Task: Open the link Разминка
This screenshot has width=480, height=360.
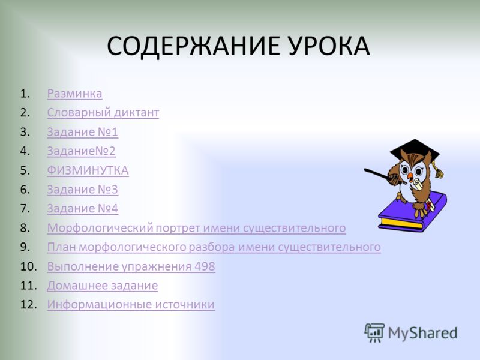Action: point(74,94)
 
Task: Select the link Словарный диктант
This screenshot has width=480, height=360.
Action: point(103,113)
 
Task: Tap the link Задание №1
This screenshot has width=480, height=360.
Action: point(82,132)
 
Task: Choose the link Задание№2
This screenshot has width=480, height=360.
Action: point(81,151)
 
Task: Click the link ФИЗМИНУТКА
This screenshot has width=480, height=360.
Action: point(88,170)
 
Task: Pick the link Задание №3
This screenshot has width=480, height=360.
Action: point(82,190)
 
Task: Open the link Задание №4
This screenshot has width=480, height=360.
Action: point(82,209)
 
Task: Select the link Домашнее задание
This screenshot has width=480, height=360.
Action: point(102,286)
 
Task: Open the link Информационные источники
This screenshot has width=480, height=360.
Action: point(130,305)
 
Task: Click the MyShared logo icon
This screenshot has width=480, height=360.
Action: point(374,332)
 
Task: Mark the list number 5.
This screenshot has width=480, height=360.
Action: point(25,170)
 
